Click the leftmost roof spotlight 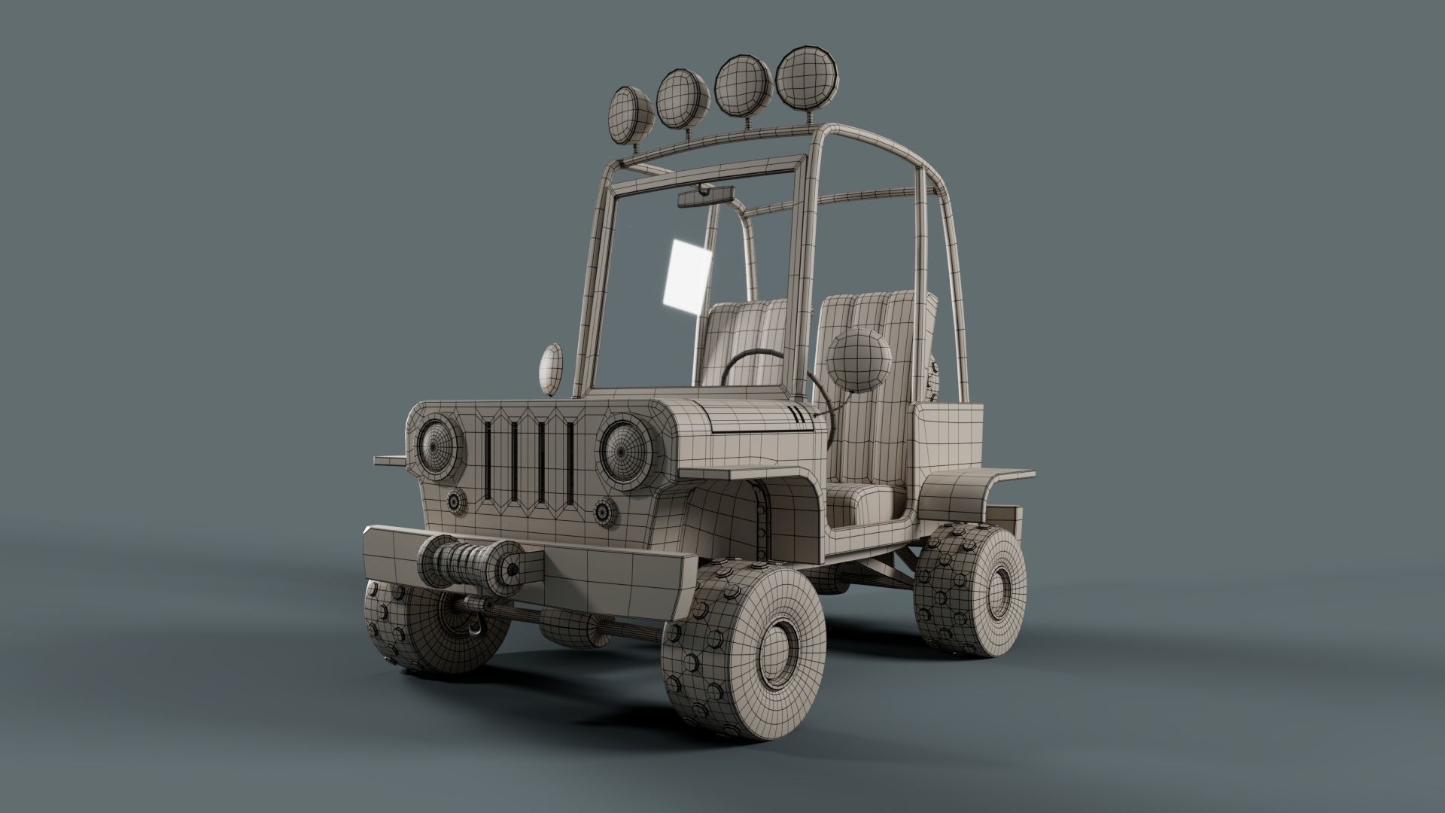pyautogui.click(x=631, y=114)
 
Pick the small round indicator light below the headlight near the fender pyautogui.click(x=603, y=512)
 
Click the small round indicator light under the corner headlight pyautogui.click(x=455, y=501)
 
